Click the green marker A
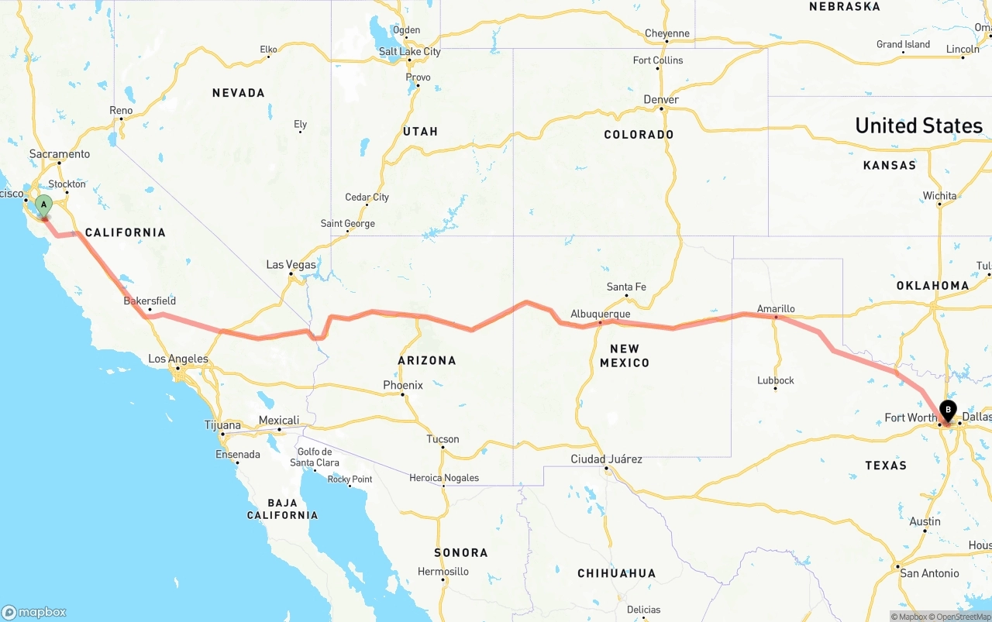tap(44, 206)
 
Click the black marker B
tap(948, 411)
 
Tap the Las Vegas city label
tap(291, 265)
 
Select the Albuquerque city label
tap(600, 314)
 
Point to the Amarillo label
tap(776, 308)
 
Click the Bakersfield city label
tap(150, 301)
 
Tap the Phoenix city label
tap(403, 385)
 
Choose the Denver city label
tap(661, 99)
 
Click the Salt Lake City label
tap(409, 51)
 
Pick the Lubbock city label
tap(776, 380)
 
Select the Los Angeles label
tap(178, 359)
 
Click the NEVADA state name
tap(239, 93)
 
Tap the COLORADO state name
tap(639, 135)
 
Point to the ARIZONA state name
tap(427, 360)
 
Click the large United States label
tap(918, 125)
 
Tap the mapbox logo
tap(34, 612)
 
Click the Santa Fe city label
tap(626, 287)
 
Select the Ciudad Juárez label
tap(606, 459)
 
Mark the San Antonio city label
tap(929, 573)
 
